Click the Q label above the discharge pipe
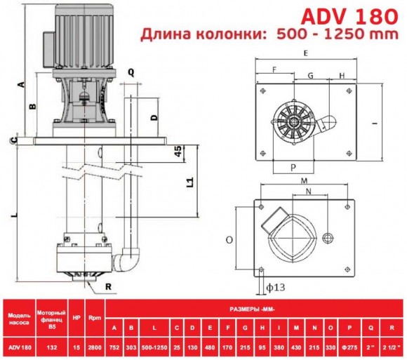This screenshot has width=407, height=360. pyautogui.click(x=131, y=71)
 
